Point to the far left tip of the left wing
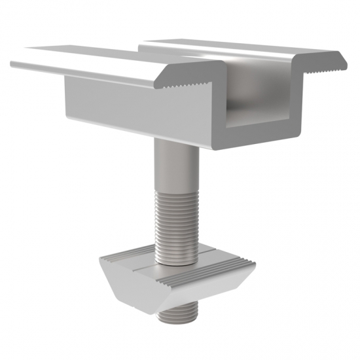click(12, 64)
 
